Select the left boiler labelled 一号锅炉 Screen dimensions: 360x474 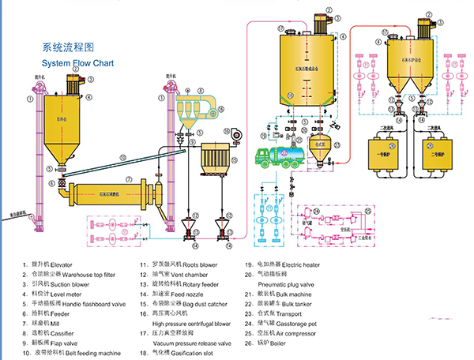pos(385,152)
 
